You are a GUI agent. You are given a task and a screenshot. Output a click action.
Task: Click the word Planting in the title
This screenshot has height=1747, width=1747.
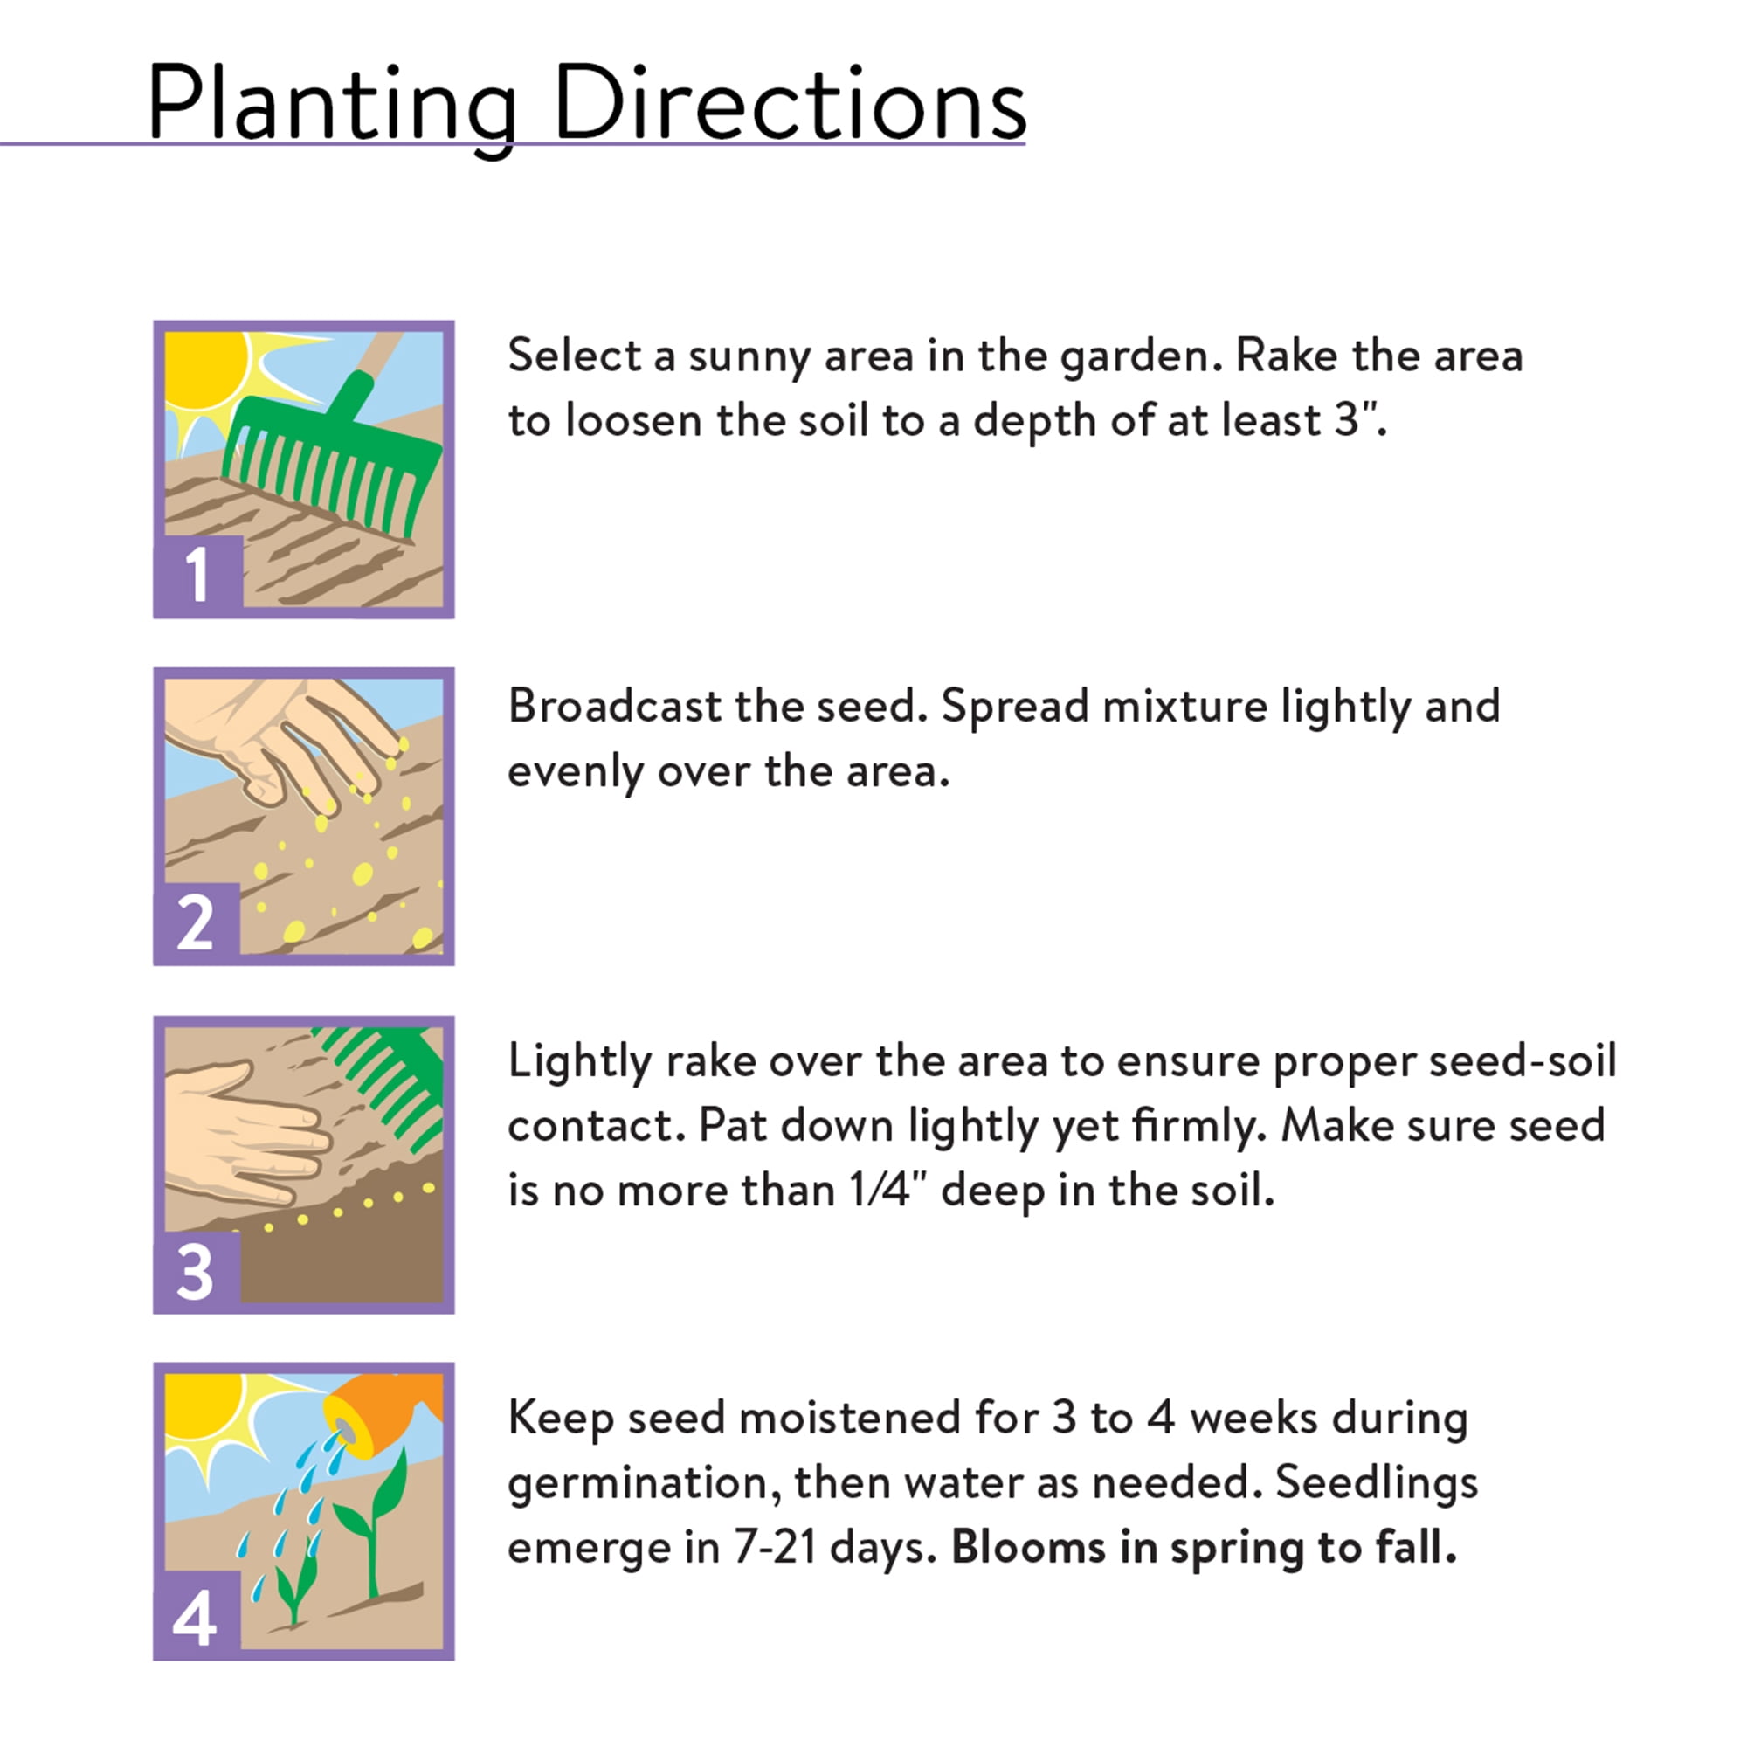click(x=332, y=107)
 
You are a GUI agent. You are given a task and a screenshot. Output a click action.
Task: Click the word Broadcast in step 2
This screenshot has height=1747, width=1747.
click(x=614, y=706)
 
